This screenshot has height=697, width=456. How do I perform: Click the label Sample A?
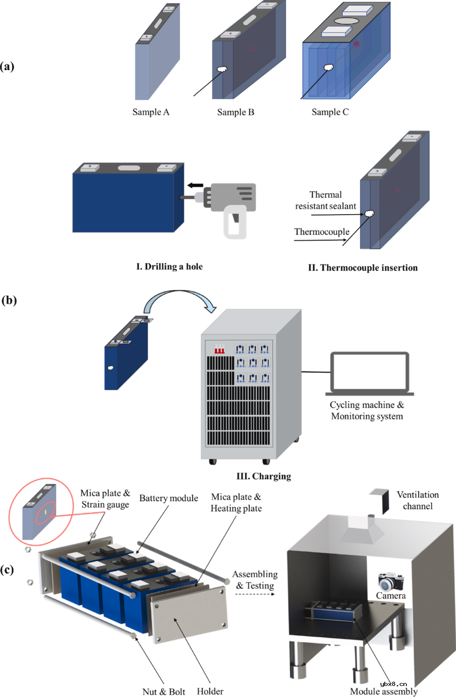pos(151,112)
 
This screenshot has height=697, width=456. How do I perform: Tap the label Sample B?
pos(235,112)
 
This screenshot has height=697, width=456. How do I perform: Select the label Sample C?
pos(330,112)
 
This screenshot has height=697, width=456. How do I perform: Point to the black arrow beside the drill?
pos(195,185)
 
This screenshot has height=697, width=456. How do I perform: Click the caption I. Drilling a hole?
pos(169,267)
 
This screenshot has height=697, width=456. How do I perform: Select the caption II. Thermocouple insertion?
pos(363,268)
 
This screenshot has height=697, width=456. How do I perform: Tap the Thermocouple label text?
pos(322,232)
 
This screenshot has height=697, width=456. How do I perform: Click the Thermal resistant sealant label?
pos(325,201)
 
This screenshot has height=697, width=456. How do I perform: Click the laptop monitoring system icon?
pos(369,373)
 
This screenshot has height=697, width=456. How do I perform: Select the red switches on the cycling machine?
pos(219,349)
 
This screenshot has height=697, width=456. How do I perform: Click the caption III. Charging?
pos(263,476)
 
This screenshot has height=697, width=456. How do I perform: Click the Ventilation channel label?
pos(417,500)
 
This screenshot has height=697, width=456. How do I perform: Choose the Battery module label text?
pos(168,498)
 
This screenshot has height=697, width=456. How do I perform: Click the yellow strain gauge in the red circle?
pos(45,513)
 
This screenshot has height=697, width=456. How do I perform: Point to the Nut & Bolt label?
pos(164,691)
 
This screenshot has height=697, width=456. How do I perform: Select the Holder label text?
pos(210,691)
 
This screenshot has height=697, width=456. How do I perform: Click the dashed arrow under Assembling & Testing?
pos(255,594)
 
